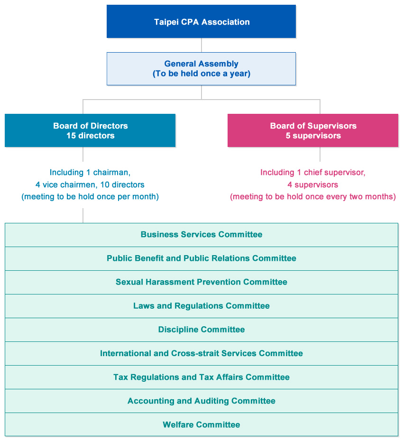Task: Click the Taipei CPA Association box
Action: click(x=201, y=22)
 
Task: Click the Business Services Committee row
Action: click(x=201, y=235)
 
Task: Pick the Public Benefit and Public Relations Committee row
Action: click(x=201, y=258)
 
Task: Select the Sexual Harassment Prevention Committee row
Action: click(x=201, y=282)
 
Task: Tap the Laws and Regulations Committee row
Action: click(x=201, y=306)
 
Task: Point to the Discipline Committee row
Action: click(x=201, y=330)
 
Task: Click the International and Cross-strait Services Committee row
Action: click(x=201, y=353)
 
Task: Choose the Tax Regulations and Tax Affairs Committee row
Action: click(x=201, y=377)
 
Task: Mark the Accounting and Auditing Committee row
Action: click(x=201, y=401)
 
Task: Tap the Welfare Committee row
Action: click(x=201, y=424)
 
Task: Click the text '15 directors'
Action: click(x=90, y=136)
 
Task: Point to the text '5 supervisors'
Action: click(x=313, y=136)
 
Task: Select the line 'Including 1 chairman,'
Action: click(x=90, y=173)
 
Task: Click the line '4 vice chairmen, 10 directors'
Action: click(x=90, y=184)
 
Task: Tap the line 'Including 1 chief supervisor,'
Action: click(x=313, y=173)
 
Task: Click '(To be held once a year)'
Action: click(x=201, y=74)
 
